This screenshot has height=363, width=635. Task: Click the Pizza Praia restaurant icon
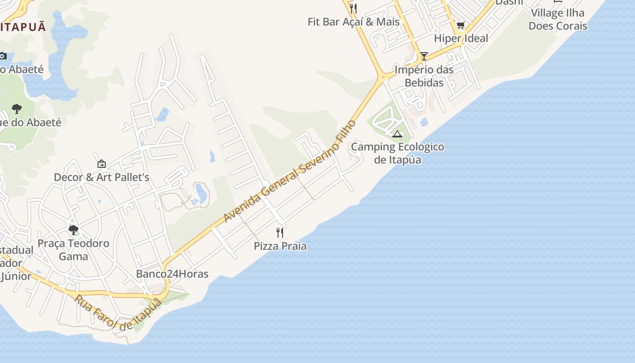pyautogui.click(x=280, y=233)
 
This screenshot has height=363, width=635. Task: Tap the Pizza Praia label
pyautogui.click(x=280, y=246)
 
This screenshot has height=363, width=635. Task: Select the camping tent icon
pyautogui.click(x=397, y=134)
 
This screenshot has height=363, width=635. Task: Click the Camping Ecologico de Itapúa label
pyautogui.click(x=397, y=153)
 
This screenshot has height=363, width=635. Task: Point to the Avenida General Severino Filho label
pyautogui.click(x=290, y=172)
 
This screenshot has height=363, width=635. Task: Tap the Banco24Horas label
pyautogui.click(x=172, y=274)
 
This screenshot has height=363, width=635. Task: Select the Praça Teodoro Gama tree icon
pyautogui.click(x=73, y=230)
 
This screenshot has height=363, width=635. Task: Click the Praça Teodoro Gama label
pyautogui.click(x=73, y=250)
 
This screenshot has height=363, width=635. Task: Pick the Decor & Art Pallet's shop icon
pyautogui.click(x=102, y=164)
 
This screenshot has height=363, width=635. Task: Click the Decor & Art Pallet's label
pyautogui.click(x=102, y=177)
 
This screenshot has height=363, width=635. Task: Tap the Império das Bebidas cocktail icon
pyautogui.click(x=424, y=56)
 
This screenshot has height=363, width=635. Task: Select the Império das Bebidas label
pyautogui.click(x=424, y=76)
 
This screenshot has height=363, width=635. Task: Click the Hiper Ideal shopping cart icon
pyautogui.click(x=461, y=25)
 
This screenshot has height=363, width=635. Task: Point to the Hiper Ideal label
pyautogui.click(x=461, y=39)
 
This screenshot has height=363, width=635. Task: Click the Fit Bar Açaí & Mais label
pyautogui.click(x=354, y=22)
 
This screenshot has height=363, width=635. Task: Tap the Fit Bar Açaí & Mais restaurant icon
pyautogui.click(x=354, y=9)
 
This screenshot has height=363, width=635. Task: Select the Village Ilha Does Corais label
pyautogui.click(x=557, y=19)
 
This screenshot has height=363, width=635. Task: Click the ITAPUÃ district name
pyautogui.click(x=23, y=27)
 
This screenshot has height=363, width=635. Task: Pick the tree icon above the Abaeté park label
pyautogui.click(x=17, y=109)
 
